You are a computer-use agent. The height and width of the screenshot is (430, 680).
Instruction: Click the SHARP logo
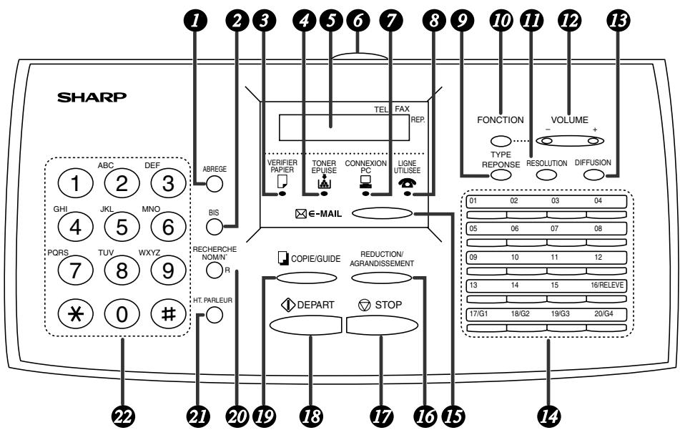[x=92, y=97]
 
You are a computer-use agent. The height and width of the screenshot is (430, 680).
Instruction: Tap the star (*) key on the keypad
[x=76, y=313]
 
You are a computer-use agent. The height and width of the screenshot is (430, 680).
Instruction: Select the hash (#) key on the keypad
[x=168, y=313]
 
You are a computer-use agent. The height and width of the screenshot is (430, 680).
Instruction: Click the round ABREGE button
[x=215, y=184]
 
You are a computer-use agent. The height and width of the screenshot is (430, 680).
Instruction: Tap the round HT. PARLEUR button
[x=215, y=315]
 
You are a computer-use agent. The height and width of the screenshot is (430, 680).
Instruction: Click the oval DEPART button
[x=307, y=325]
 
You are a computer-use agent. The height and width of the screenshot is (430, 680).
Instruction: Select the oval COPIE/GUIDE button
[x=307, y=278]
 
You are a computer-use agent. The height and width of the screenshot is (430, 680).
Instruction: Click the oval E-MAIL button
[x=382, y=213]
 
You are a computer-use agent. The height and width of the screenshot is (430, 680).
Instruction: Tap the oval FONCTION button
[x=501, y=141]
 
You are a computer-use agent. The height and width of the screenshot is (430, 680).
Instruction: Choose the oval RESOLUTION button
[x=546, y=175]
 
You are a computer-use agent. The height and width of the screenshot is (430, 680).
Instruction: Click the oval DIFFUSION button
[x=593, y=175]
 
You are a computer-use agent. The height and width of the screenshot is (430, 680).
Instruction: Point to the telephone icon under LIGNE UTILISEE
[x=407, y=183]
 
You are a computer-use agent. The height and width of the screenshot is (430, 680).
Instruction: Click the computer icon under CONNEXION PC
[x=365, y=181]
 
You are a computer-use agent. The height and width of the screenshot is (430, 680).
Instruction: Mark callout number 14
[x=548, y=416]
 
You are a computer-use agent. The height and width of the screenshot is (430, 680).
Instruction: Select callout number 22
[x=123, y=416]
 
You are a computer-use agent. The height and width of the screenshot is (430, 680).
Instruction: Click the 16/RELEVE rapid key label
[x=607, y=285]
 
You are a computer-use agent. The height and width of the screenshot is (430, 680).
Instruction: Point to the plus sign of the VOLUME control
[x=595, y=130]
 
